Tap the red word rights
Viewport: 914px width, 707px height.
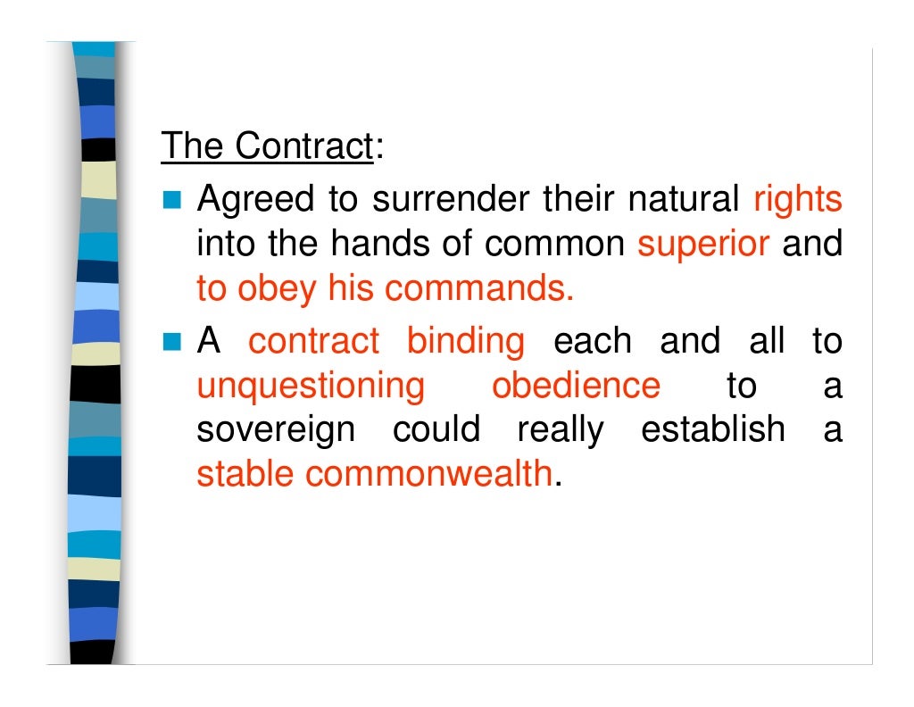tap(798, 200)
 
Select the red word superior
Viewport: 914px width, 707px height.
tap(703, 244)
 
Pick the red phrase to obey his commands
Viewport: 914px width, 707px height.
tap(385, 288)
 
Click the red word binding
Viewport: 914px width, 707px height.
tap(466, 341)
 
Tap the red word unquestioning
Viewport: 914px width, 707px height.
tap(311, 387)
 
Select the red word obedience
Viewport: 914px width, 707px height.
tap(576, 386)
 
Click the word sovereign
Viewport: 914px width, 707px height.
tap(275, 431)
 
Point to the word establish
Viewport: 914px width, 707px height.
tap(713, 429)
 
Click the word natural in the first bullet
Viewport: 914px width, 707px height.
tap(684, 200)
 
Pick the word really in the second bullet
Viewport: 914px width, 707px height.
tap(560, 431)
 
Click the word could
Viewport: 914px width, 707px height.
tap(436, 429)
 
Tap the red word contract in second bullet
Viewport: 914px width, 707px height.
tap(313, 341)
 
